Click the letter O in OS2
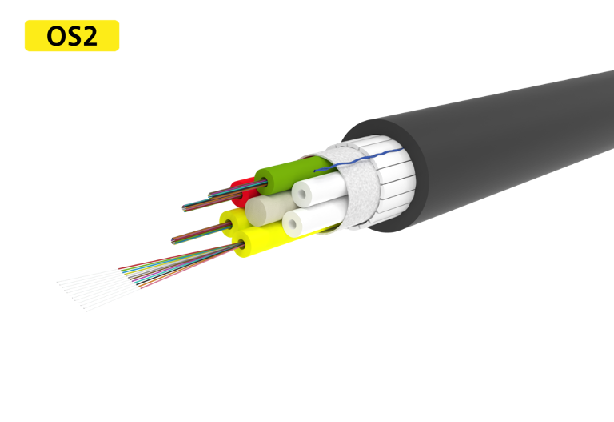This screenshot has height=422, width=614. [56, 36]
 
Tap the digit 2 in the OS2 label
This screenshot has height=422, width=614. [90, 36]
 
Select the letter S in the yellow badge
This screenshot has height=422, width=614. [74, 36]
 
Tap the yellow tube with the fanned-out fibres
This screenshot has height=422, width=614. [274, 239]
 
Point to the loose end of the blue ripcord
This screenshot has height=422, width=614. [314, 171]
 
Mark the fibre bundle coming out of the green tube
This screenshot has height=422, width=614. [237, 189]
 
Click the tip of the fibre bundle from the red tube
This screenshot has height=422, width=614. [184, 208]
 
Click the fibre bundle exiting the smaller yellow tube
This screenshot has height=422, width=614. [201, 232]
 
